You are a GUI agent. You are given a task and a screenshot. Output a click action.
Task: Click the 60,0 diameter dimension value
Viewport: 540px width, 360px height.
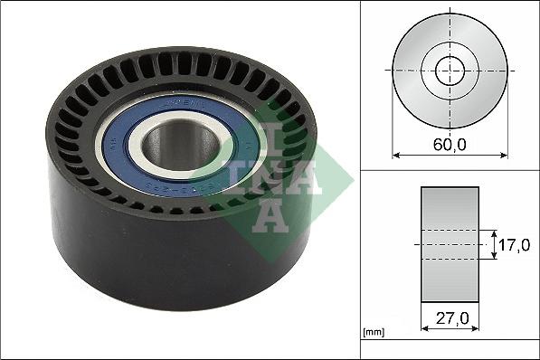(450, 143)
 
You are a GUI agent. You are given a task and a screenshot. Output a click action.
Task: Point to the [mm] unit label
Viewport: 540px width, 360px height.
(372, 333)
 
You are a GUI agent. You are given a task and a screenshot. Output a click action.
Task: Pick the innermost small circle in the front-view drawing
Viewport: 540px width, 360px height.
(450, 70)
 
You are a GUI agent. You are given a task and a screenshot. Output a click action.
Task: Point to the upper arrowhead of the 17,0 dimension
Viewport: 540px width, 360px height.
(493, 231)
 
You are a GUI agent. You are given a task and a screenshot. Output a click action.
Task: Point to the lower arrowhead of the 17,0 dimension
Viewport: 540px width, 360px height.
(493, 259)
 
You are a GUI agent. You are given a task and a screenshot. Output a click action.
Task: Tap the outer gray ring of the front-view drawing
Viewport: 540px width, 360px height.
(411, 70)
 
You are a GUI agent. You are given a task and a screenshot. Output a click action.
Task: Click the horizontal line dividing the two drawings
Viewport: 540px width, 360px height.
(450, 169)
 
